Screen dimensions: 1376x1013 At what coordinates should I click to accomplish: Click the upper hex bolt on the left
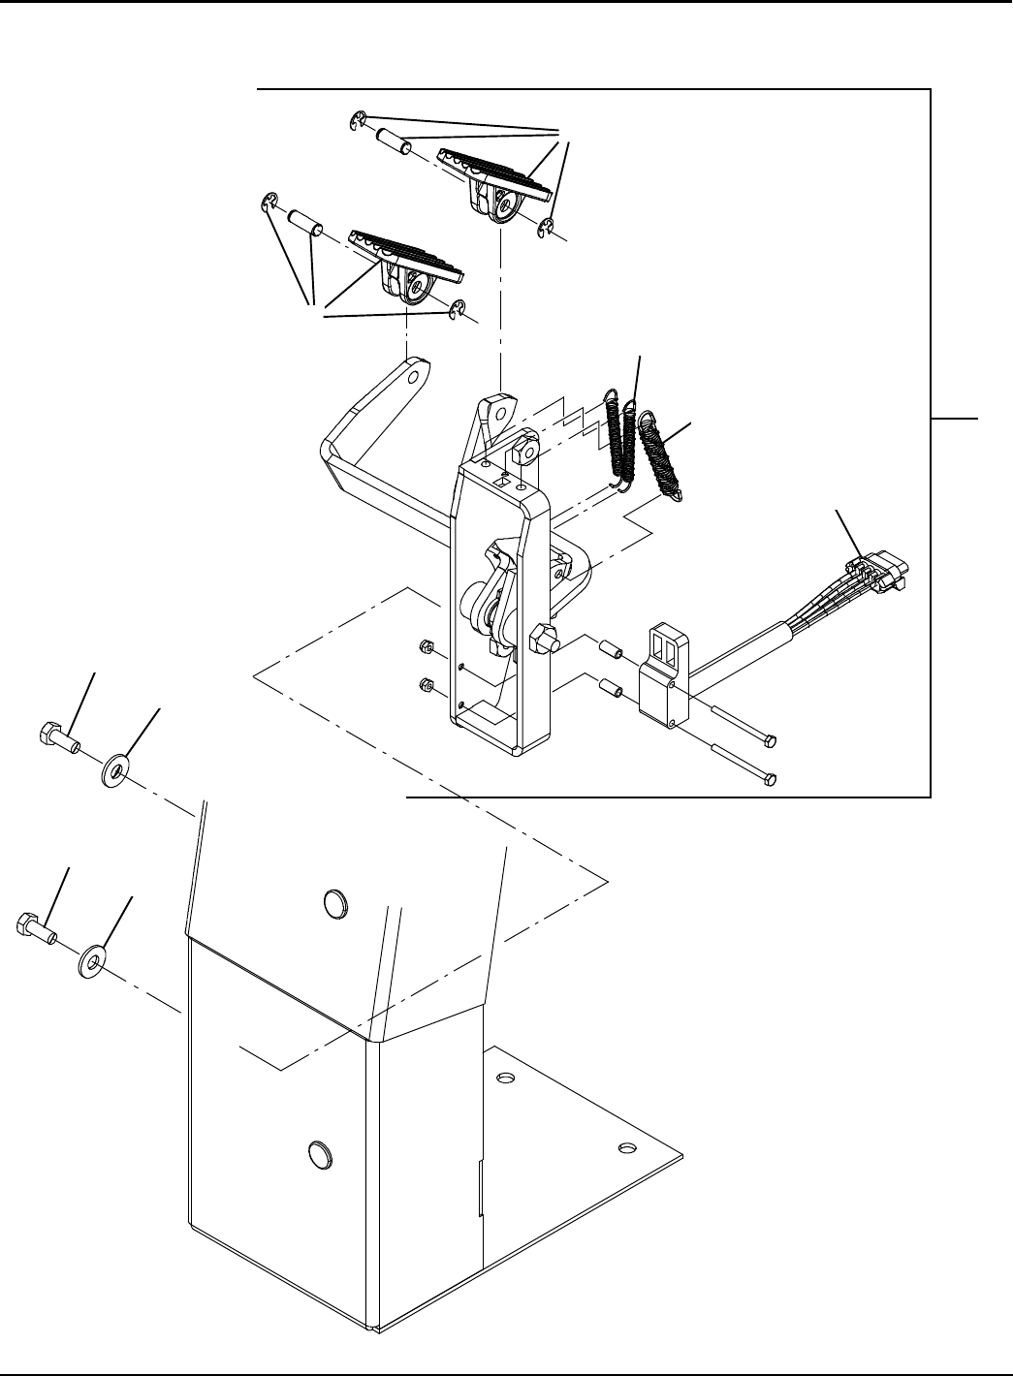pos(57,737)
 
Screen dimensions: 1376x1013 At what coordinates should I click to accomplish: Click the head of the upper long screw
pos(771,742)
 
